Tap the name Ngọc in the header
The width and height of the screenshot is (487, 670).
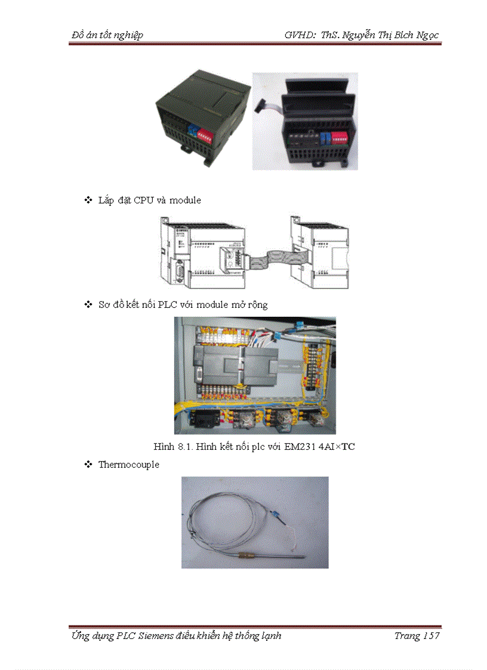425,35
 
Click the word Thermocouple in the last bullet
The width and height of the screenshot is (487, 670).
128,464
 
